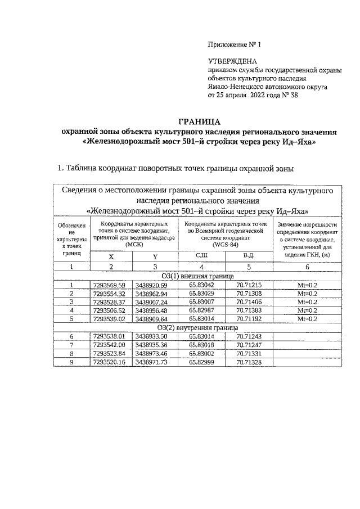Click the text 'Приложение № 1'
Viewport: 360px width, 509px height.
[235, 44]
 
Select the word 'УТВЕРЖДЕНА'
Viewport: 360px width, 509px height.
[232, 61]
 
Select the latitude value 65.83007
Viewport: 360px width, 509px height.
[201, 302]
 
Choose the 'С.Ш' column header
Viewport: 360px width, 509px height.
[201, 256]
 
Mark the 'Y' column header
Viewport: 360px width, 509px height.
[154, 256]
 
